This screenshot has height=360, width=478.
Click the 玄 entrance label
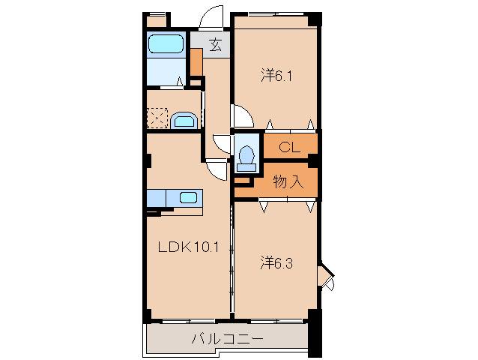point(214,45)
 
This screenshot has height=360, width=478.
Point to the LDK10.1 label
point(187,247)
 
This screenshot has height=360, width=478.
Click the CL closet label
point(289,147)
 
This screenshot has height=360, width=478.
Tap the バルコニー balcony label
point(227,338)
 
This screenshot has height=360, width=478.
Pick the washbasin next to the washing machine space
point(183,120)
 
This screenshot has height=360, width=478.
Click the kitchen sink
point(188,198)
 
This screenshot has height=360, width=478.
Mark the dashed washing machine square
point(157,118)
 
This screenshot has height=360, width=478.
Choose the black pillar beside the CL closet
point(313,159)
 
